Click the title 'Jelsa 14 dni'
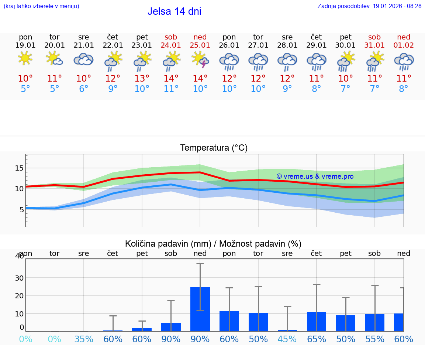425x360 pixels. tap(174, 11)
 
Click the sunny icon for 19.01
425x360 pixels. tap(25, 58)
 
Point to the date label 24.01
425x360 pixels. tap(171, 45)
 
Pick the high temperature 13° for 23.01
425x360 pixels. tap(142, 79)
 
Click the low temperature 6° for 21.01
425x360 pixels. tap(83, 89)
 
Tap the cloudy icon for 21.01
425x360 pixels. tap(83, 59)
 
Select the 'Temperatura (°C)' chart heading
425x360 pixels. tap(214, 148)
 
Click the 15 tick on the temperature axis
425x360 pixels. tap(19, 168)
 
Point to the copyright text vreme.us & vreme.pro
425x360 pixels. tap(315, 176)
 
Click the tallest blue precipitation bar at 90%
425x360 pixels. tap(200, 309)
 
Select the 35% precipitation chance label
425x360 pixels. tap(83, 339)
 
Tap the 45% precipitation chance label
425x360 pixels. tap(287, 339)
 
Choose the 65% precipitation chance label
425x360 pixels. tap(316, 339)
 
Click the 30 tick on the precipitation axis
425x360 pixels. tap(19, 278)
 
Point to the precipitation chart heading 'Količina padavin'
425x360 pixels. tap(213, 244)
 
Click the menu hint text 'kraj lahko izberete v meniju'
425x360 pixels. tap(41, 6)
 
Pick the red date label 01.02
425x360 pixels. tap(404, 45)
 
